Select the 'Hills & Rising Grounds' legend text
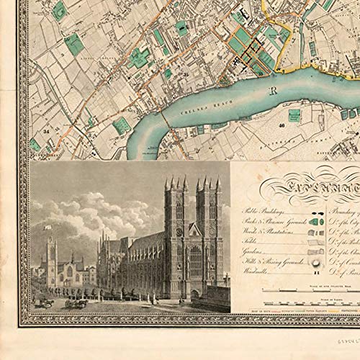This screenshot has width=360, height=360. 267,264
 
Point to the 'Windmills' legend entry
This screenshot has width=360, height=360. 253,274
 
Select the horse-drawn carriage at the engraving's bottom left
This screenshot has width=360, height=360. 44,303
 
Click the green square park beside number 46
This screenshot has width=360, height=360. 294,116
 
